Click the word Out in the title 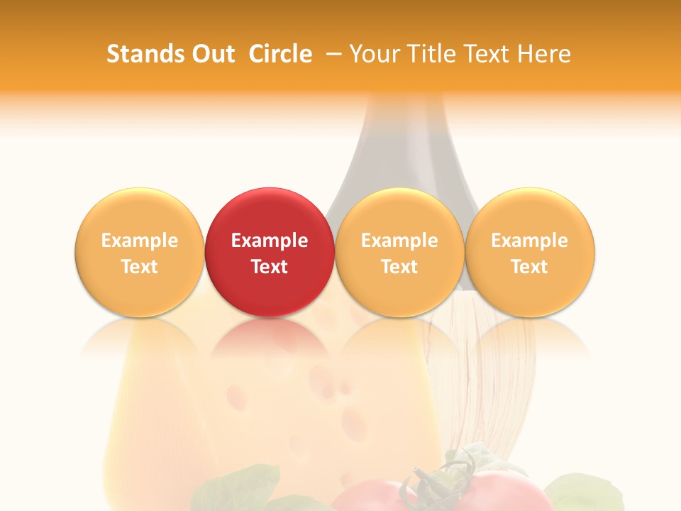(x=209, y=54)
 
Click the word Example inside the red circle (x=270, y=241)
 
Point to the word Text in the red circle (x=270, y=267)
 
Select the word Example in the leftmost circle (x=139, y=241)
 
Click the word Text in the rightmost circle (x=530, y=267)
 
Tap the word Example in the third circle (x=399, y=241)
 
